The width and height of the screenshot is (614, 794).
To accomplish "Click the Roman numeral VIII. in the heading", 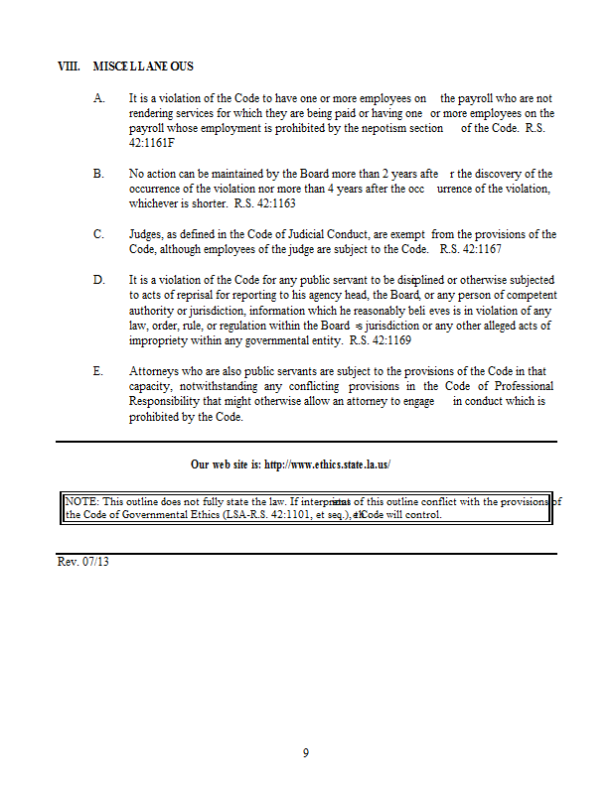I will click(x=69, y=66).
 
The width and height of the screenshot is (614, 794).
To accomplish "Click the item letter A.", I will click(x=98, y=99).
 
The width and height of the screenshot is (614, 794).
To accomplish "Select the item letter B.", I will click(x=98, y=174).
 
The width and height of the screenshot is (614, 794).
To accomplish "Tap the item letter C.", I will click(x=98, y=234).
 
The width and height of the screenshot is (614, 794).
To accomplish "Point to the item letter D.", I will click(x=98, y=281).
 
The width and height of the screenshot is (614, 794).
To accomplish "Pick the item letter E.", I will click(x=98, y=371).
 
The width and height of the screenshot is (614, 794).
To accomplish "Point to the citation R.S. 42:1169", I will click(x=380, y=340).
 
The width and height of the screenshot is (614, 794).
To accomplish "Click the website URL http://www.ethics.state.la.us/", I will click(x=334, y=464).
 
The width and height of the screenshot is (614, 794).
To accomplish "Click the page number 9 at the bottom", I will click(x=306, y=753).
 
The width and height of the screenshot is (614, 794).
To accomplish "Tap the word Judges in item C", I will click(x=147, y=234).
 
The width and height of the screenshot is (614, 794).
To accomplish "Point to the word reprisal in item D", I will click(x=177, y=296).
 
